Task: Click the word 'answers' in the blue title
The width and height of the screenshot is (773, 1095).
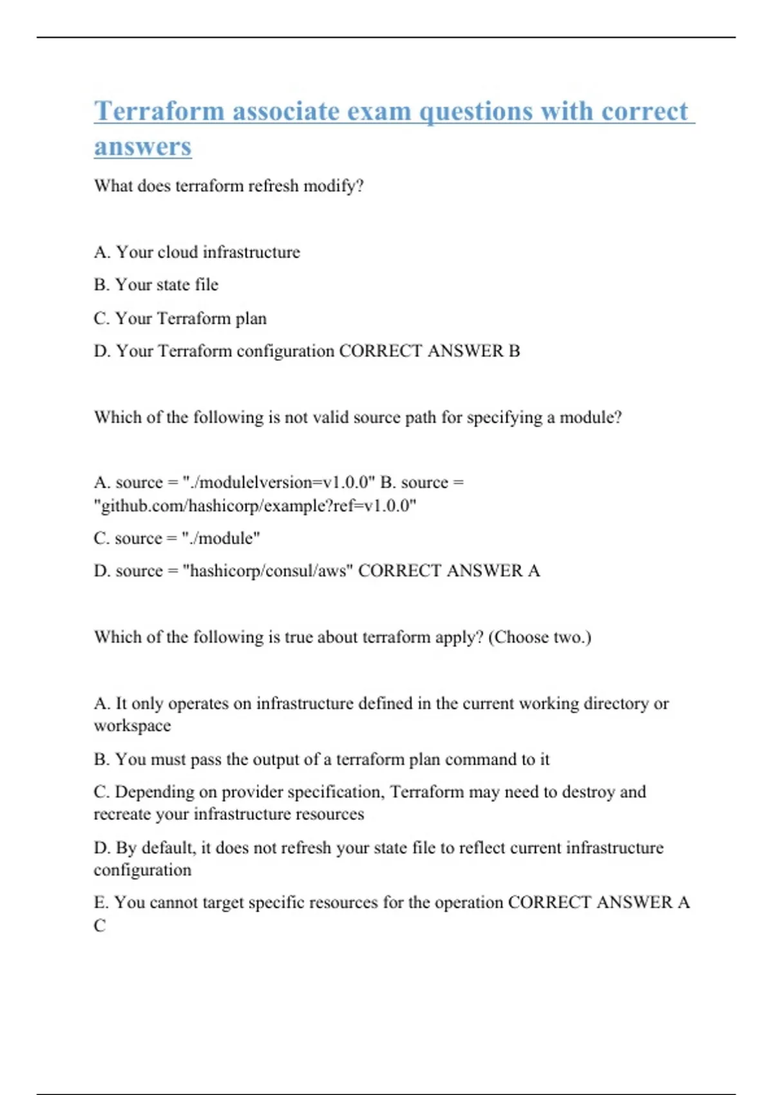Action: coord(142,147)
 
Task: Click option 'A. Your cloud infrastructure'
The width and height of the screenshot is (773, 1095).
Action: coord(196,252)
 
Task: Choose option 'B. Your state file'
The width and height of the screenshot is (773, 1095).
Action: coord(156,285)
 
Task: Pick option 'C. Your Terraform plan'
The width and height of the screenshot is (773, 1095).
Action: coord(180,318)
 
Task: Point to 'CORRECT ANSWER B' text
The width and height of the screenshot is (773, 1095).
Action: coord(429,351)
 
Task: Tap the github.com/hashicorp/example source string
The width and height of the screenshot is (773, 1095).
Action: coord(255,506)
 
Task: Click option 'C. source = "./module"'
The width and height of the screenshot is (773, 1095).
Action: coord(177,538)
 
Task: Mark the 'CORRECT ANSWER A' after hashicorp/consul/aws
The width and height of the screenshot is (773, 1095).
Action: coord(449,571)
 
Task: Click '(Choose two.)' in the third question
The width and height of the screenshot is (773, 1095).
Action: coord(539,637)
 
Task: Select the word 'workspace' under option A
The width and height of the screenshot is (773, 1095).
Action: coord(132,726)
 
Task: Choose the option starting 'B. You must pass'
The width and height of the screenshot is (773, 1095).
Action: coord(321,759)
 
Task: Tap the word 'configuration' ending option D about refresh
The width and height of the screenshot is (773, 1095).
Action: coord(142,870)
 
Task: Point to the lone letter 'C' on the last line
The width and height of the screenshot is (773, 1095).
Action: coord(99,926)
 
